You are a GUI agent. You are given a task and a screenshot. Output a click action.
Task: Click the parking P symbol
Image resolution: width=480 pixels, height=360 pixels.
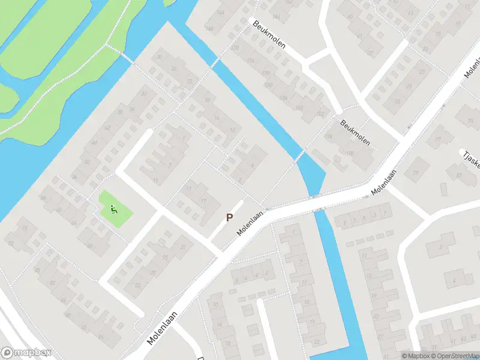(229, 218)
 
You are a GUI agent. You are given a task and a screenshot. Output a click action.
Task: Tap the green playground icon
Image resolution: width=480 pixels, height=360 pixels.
(113, 209)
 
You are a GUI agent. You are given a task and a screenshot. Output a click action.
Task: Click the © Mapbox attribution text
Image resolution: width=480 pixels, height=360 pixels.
(416, 356)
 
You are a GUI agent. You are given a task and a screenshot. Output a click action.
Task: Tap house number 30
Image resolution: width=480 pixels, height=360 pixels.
(159, 57)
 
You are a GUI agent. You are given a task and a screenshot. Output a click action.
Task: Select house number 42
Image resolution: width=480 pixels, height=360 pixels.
(108, 127)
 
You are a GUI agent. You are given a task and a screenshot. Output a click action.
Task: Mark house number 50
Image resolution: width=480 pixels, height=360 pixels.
(88, 162)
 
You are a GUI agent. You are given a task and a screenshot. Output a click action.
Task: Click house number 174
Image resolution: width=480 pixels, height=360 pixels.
(251, 61)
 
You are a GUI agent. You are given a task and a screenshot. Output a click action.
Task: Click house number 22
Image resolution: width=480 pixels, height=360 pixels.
(190, 81)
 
